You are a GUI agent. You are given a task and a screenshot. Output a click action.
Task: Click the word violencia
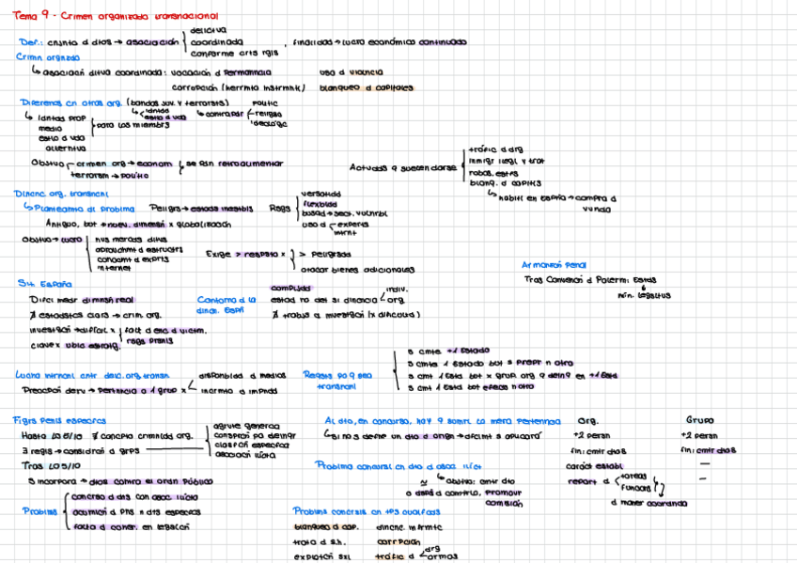click(x=363, y=72)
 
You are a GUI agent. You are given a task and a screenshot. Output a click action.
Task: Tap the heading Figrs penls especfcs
click(x=59, y=420)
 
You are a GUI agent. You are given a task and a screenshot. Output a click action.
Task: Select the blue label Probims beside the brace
click(x=40, y=511)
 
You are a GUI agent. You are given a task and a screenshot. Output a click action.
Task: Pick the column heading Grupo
click(x=699, y=420)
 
